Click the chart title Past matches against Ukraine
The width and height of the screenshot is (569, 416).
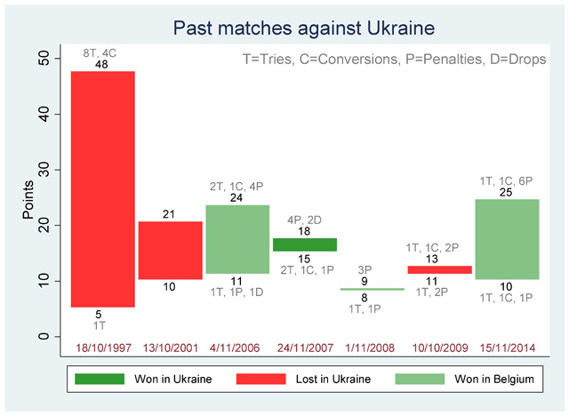(x=304, y=28)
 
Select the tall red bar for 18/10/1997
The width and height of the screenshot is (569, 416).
(x=103, y=189)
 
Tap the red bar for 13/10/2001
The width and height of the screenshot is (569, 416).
(x=171, y=251)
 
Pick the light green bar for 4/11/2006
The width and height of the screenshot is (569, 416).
(x=237, y=239)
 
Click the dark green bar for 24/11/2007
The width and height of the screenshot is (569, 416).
(x=305, y=244)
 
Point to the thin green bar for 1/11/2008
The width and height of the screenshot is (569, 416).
(x=373, y=289)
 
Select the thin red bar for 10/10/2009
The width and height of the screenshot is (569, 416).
(x=440, y=269)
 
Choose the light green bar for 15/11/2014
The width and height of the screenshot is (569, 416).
(x=508, y=239)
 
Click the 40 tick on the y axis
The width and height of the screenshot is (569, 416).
(x=44, y=114)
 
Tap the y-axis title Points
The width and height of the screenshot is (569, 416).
(x=28, y=199)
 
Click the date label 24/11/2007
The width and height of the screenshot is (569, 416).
(x=305, y=348)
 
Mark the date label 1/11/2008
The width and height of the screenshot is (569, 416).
(x=370, y=348)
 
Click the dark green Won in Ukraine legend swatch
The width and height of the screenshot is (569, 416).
(x=100, y=379)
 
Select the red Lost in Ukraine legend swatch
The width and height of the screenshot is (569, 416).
(x=260, y=379)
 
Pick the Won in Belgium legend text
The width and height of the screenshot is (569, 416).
(x=494, y=379)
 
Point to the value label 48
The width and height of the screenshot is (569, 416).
(x=101, y=65)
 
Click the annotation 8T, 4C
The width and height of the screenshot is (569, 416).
(x=100, y=53)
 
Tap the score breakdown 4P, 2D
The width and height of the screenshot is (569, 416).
(x=304, y=220)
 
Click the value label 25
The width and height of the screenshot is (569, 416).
(x=506, y=193)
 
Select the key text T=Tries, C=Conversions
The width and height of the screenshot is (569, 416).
(x=320, y=60)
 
